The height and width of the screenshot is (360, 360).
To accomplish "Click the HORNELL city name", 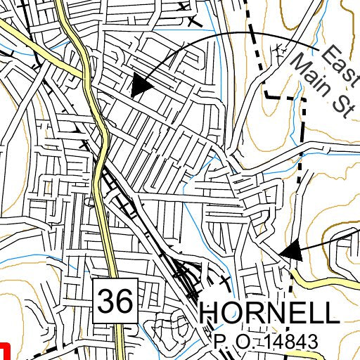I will (x=270, y=314).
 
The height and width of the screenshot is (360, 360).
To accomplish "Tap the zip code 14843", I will (x=288, y=342).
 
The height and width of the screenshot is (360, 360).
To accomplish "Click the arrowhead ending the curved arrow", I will (x=141, y=86).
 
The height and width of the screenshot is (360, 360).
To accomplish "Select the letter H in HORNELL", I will (x=211, y=314).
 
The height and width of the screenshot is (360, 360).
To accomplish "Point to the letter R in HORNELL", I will (x=254, y=314).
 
